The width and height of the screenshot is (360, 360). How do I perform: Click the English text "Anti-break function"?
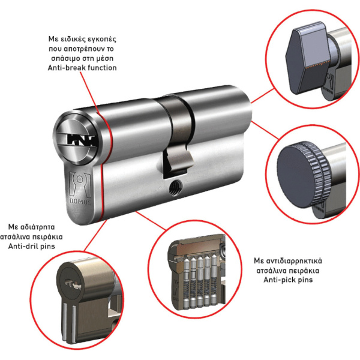pyautogui.click(x=82, y=68)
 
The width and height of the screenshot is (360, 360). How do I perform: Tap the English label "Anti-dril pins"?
pyautogui.click(x=31, y=247)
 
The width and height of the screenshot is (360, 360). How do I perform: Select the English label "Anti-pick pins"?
pyautogui.click(x=288, y=280)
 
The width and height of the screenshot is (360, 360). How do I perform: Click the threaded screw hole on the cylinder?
pyautogui.click(x=175, y=188)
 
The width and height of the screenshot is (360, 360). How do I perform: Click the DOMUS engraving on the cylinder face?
pyautogui.click(x=80, y=202)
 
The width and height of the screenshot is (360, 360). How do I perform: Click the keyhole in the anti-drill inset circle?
pyautogui.click(x=73, y=284)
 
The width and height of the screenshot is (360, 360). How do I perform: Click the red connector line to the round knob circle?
pyautogui.click(x=265, y=130)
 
